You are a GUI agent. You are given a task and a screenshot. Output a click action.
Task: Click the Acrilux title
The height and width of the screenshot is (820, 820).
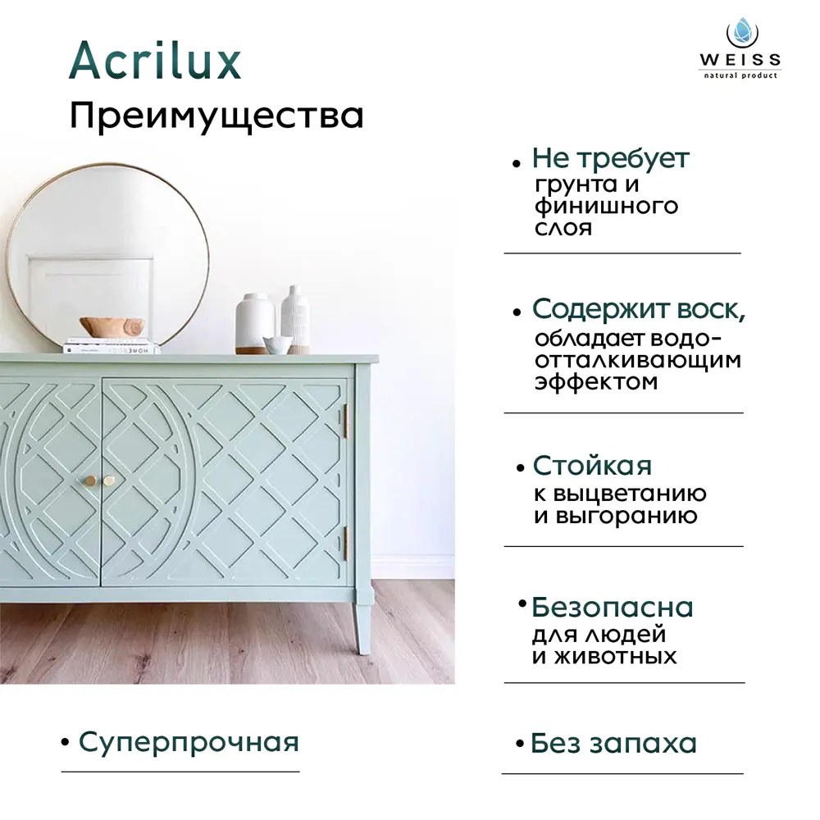pos(155,61)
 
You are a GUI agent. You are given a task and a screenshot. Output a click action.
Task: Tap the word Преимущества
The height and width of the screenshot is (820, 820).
pos(216,116)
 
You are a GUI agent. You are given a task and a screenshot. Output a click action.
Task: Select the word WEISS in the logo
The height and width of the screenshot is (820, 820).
pos(740,60)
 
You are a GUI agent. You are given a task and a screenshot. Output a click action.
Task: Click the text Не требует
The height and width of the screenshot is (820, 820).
pos(611,158)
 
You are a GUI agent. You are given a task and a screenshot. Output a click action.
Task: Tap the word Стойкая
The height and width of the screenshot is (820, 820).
pos(592,466)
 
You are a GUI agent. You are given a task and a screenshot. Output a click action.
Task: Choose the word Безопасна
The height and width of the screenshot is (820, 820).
pos(612,608)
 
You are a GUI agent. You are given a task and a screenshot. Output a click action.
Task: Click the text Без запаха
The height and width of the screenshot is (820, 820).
pos(613,744)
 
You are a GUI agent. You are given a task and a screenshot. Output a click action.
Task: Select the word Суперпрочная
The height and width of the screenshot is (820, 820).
pos(189,742)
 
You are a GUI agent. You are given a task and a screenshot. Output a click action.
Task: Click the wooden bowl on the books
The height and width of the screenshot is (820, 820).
pos(112,326)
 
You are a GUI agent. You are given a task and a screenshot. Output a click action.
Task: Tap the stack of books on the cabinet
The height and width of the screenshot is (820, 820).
pos(112,345)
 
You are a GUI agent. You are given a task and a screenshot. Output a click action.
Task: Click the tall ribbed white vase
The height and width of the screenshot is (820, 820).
pos(295,320)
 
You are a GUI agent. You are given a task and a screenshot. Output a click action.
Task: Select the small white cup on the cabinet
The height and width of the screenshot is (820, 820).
pos(277,344)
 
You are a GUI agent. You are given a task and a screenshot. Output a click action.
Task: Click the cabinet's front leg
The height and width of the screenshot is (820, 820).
pos(362,627)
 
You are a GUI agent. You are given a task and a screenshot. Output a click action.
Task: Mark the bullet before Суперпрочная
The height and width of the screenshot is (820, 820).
pos(65,743)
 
